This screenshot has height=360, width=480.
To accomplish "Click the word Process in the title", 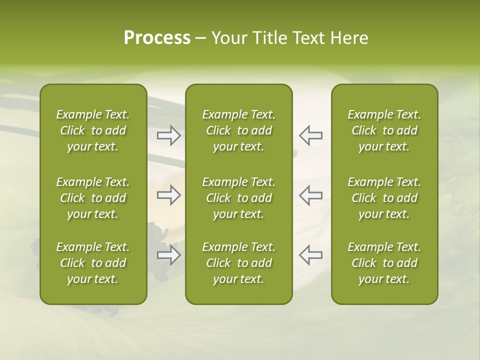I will pyautogui.click(x=157, y=38).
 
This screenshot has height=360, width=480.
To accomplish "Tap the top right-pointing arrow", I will pyautogui.click(x=168, y=135).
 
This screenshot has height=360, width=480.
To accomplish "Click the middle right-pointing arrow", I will pyautogui.click(x=168, y=195).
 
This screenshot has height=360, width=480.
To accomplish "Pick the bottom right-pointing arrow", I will pyautogui.click(x=168, y=255).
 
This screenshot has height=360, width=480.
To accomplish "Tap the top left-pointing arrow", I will pyautogui.click(x=311, y=135).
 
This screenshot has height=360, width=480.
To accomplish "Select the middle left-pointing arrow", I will pyautogui.click(x=311, y=195).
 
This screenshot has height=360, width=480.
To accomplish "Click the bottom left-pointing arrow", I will pyautogui.click(x=311, y=255).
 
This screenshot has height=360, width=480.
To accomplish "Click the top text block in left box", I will pyautogui.click(x=93, y=130).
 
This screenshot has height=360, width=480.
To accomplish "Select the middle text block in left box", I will pyautogui.click(x=93, y=198).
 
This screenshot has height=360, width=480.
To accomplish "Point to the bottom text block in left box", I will pyautogui.click(x=93, y=263).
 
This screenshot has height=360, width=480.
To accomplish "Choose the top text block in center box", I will pyautogui.click(x=238, y=130).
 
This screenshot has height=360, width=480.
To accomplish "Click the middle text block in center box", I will pyautogui.click(x=238, y=198).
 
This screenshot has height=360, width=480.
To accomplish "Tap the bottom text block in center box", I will pyautogui.click(x=238, y=263).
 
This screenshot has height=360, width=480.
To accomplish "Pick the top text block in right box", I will pyautogui.click(x=384, y=130).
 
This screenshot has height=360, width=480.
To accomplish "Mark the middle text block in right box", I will pyautogui.click(x=384, y=198).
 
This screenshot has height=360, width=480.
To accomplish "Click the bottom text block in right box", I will pyautogui.click(x=384, y=263).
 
